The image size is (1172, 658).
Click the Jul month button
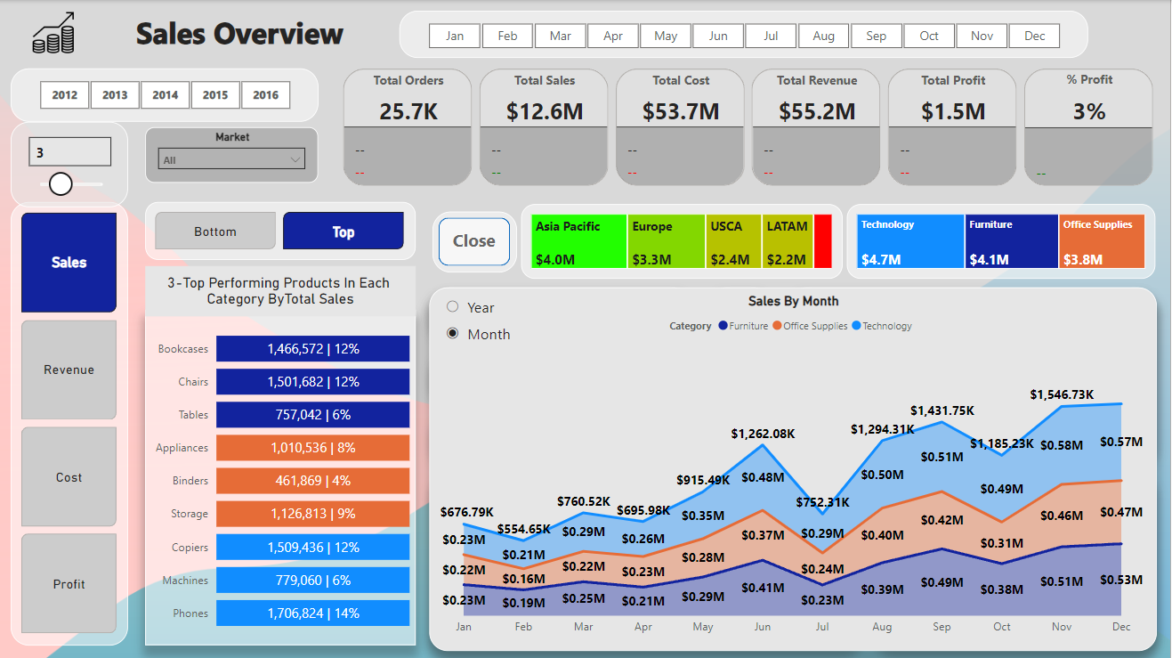click(x=771, y=36)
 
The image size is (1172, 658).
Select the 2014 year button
click(x=165, y=94)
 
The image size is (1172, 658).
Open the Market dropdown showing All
click(x=231, y=160)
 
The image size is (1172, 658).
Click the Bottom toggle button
click(x=215, y=232)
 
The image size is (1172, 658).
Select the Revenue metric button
click(x=69, y=370)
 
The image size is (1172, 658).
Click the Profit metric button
click(x=69, y=584)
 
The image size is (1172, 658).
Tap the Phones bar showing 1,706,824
click(x=312, y=613)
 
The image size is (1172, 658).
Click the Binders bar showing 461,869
click(x=312, y=481)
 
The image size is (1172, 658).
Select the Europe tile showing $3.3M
click(x=666, y=241)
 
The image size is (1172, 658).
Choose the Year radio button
click(x=453, y=307)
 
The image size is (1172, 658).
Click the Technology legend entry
click(x=885, y=326)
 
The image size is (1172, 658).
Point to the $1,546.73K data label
click(x=1062, y=394)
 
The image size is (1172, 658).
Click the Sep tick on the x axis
click(x=942, y=627)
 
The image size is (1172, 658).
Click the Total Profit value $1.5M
click(x=953, y=111)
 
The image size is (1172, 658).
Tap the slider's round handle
click(x=61, y=184)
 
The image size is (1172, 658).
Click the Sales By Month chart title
click(x=793, y=301)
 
